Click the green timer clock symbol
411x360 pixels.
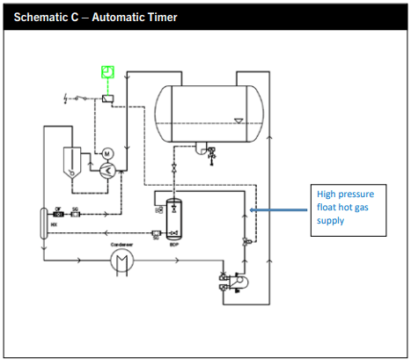coord(107,72)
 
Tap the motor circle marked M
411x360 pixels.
coord(107,153)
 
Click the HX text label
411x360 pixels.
coord(54,225)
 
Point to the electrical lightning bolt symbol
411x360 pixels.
coord(67,95)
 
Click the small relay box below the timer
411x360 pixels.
coord(107,99)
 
